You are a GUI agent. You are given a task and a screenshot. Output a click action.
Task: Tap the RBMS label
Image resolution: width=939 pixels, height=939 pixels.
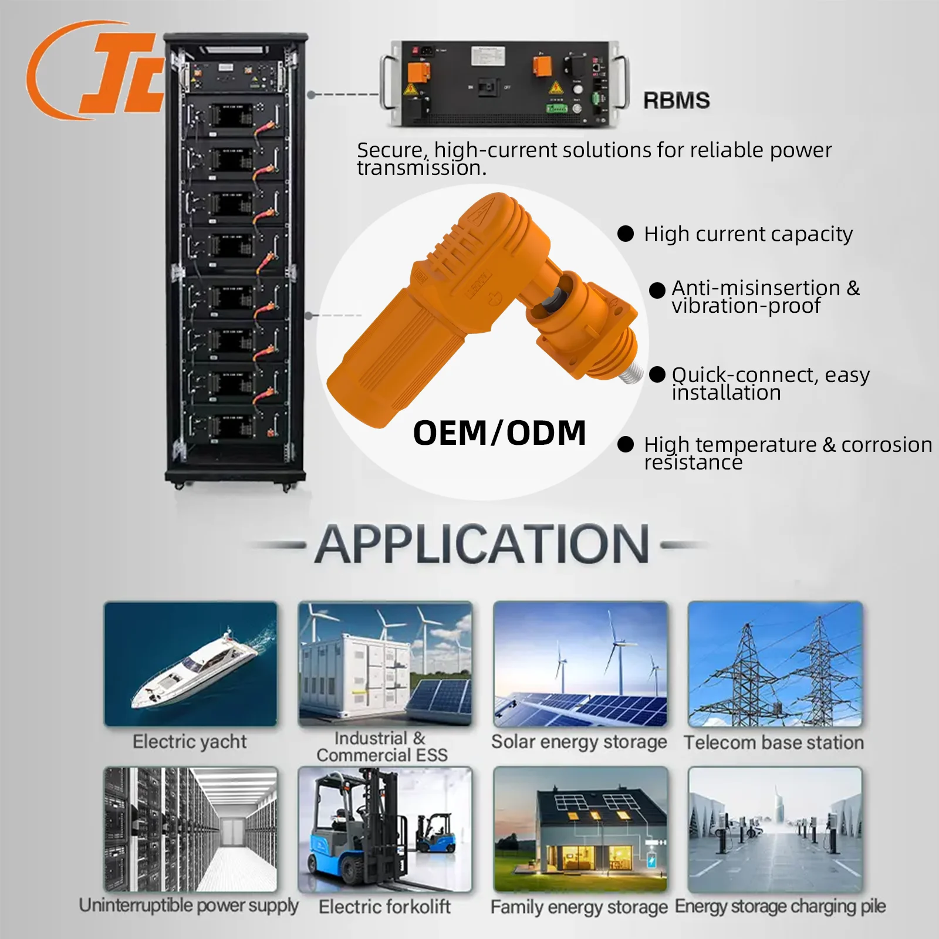677,100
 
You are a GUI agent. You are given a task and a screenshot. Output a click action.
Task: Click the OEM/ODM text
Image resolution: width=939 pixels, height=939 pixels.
499,433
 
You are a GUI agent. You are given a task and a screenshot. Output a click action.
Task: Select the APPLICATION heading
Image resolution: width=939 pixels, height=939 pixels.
482,544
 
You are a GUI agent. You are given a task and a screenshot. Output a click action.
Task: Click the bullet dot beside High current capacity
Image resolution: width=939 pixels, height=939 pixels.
626,234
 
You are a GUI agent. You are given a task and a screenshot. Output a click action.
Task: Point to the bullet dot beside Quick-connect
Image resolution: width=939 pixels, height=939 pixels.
657,374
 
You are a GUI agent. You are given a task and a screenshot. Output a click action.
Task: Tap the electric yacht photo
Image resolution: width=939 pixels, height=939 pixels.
190,664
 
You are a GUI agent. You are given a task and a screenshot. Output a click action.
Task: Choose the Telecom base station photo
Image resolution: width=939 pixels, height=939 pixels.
775,664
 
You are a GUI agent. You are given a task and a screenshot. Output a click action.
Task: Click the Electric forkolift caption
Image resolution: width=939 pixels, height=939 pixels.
384,907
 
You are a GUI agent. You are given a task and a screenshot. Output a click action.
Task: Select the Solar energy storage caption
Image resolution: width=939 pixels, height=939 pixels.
579,742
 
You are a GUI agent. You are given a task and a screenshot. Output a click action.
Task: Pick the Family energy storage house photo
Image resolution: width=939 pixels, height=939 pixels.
580,829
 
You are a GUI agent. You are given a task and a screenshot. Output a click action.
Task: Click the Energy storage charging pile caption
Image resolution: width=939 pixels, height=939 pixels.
780,907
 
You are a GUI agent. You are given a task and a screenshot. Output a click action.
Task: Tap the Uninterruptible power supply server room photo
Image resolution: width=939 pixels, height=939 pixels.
190,829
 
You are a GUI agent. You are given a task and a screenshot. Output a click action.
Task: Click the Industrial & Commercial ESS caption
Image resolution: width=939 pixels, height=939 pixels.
382,747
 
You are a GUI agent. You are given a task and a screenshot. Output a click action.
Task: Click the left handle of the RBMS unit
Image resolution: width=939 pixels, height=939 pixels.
387,82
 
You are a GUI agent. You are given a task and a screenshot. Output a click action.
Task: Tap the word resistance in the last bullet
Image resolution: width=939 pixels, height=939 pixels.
693,463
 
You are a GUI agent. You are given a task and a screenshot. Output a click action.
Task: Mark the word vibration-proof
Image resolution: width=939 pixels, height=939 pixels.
746,306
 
